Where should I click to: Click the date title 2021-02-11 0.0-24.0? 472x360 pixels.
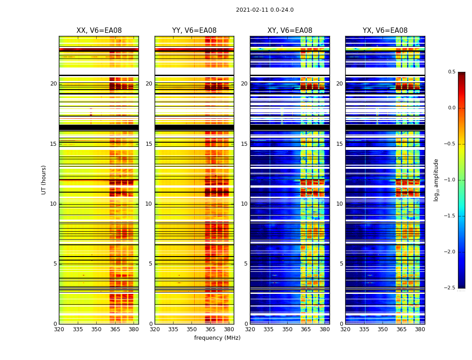click(x=265, y=10)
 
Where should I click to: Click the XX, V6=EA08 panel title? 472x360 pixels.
click(x=99, y=31)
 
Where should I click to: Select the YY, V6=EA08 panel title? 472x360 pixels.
click(x=194, y=31)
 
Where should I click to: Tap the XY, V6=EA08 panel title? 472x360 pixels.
click(x=290, y=31)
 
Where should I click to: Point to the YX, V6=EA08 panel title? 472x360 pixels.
click(x=385, y=31)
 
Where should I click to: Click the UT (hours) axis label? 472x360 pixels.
click(x=44, y=180)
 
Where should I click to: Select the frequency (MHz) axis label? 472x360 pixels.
click(x=217, y=338)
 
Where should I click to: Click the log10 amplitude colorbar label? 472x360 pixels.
click(x=436, y=180)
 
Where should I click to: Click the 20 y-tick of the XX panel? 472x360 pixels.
click(x=53, y=84)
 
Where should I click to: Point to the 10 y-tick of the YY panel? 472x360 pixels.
click(x=148, y=204)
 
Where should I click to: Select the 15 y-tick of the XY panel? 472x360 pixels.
click(x=244, y=144)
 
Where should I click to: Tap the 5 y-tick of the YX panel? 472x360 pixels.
click(x=341, y=264)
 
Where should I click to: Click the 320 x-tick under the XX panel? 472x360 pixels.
click(x=59, y=329)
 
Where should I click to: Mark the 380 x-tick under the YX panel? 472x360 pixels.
click(x=420, y=329)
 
